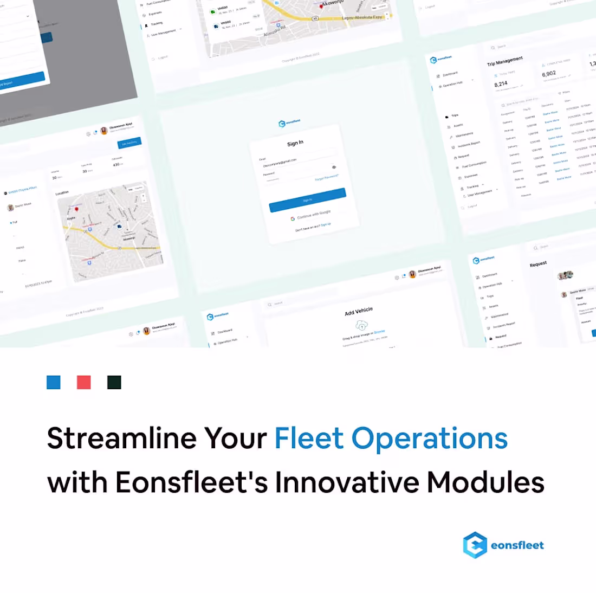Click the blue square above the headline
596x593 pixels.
(54, 382)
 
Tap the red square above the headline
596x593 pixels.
(84, 382)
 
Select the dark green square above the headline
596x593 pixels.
(114, 382)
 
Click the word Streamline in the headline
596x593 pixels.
(121, 438)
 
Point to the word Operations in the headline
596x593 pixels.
(430, 438)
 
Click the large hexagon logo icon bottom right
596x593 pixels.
(475, 545)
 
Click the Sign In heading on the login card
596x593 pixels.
(295, 143)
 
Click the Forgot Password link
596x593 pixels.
(327, 177)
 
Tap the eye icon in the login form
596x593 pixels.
(334, 167)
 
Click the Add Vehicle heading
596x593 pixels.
(359, 311)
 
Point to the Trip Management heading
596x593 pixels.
(505, 61)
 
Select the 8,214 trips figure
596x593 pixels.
(501, 84)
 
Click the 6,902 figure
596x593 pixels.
(549, 74)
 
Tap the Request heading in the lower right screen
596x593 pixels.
(538, 264)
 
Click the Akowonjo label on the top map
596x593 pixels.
(333, 3)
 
